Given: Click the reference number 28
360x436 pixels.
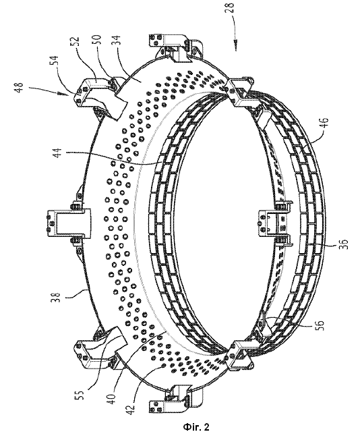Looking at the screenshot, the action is coord(230,8).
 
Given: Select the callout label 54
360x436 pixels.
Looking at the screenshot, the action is coord(55,61).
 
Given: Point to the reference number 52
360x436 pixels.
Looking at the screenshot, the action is coord(76,40).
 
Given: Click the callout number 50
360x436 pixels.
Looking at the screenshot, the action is coord(99,40).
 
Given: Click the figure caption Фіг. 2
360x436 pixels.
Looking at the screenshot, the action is coord(196,427).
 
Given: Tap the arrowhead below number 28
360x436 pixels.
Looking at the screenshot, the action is coord(235,46).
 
